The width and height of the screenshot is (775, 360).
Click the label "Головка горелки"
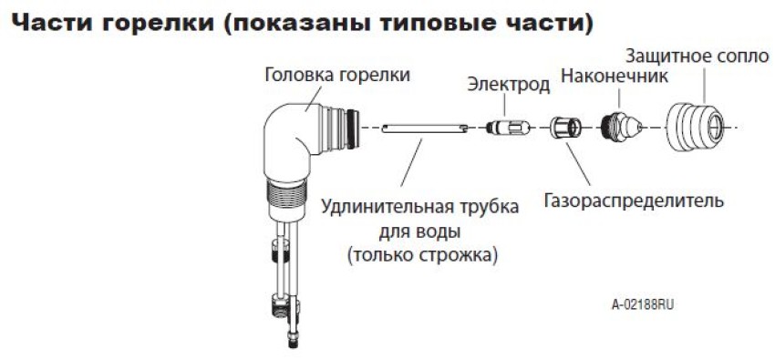click(337, 76)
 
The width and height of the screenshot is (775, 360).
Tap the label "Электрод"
click(508, 86)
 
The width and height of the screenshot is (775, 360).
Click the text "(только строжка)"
click(421, 256)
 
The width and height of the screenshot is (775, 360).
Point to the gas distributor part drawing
click(563, 126)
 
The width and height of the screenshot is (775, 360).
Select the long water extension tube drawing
click(425, 129)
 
